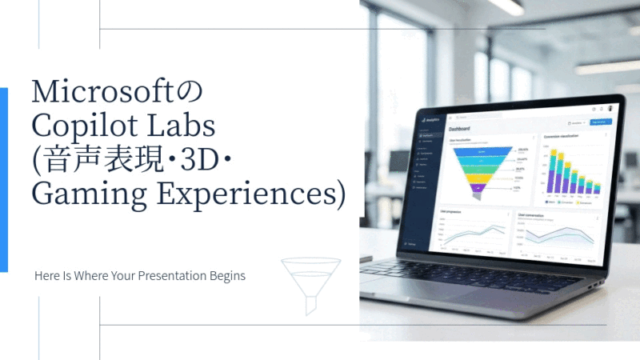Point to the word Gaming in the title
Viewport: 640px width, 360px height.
83,194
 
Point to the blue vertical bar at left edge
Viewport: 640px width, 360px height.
3,180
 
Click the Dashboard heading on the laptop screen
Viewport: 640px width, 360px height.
459,129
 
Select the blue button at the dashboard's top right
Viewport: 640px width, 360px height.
599,122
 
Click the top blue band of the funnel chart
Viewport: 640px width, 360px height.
482,150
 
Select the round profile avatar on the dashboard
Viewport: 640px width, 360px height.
611,108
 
